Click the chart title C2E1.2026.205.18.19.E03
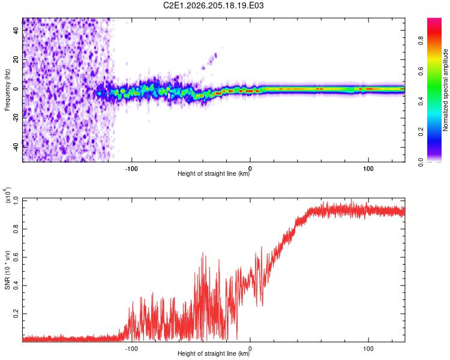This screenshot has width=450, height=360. tap(213, 5)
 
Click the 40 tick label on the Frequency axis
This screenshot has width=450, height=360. tap(16, 31)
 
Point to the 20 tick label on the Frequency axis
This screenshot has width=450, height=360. tap(16, 60)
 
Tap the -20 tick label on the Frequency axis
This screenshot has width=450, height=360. tap(16, 118)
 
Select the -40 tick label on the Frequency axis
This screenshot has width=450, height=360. tap(16, 147)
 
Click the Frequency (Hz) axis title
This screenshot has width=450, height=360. tap(7, 90)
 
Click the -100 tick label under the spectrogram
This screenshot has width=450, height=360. tap(131, 169)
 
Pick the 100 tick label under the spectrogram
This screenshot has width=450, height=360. tap(368, 169)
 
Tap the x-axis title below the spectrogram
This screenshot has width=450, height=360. tap(214, 173)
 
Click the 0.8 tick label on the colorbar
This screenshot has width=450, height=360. tap(421, 40)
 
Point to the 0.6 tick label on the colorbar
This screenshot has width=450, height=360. tap(421, 71)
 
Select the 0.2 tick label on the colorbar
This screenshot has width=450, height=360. tap(421, 131)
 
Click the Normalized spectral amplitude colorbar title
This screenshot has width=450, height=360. tap(445, 90)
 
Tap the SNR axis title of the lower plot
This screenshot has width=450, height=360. tap(7, 270)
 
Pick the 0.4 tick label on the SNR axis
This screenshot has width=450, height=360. tap(16, 285)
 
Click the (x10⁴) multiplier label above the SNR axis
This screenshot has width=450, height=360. tap(7, 195)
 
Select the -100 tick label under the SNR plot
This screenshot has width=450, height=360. tap(131, 349)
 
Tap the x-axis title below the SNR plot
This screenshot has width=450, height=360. tap(214, 353)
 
